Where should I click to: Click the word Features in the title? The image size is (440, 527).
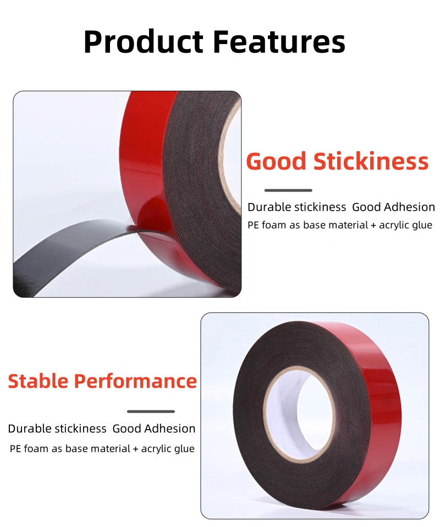pos(279,42)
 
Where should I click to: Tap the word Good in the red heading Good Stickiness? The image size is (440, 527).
pos(276,161)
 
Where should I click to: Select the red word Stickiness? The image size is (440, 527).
pos(371,161)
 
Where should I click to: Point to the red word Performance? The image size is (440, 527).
pos(135,381)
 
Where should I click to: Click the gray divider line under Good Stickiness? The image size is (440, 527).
pos(288,190)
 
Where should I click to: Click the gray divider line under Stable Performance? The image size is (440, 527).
pos(151,411)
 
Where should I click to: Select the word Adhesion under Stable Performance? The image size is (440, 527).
pos(170,429)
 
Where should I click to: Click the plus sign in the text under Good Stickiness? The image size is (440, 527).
pos(373,226)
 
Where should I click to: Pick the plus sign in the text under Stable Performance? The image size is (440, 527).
pos(135,449)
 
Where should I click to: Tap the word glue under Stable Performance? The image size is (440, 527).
pos(185,449)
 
